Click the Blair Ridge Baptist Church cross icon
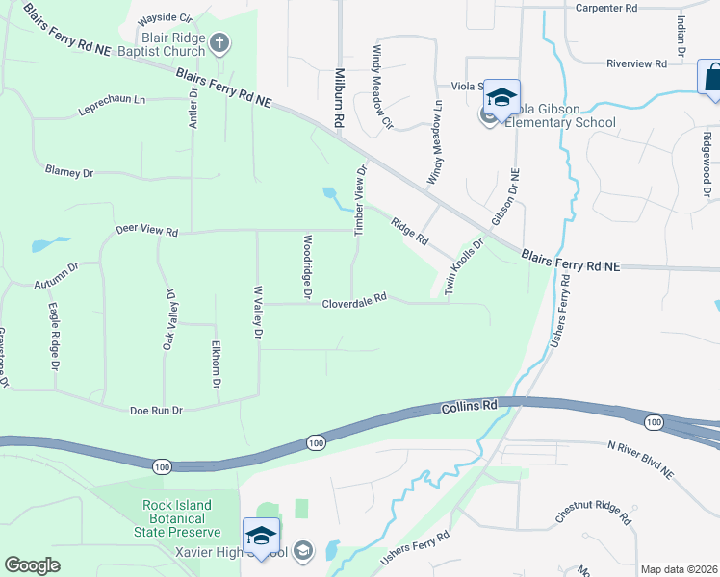(220, 41)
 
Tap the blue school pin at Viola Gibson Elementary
(501, 96)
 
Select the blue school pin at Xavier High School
(261, 536)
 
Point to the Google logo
(32, 565)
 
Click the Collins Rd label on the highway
(470, 406)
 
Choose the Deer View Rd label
(147, 232)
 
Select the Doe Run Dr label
(156, 411)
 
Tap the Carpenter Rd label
(606, 8)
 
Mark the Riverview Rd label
(636, 63)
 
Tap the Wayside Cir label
(165, 18)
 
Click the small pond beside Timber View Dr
(334, 197)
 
